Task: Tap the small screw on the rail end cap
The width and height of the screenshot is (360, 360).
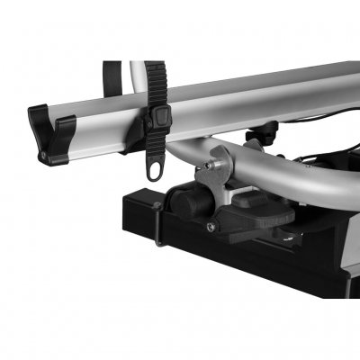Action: [41, 154]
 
